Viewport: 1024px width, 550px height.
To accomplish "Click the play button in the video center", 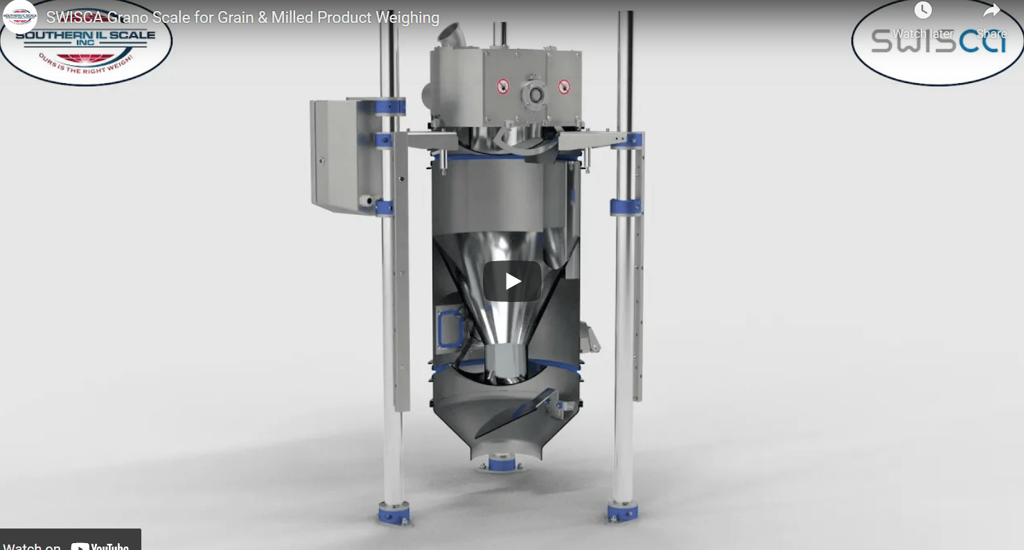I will coord(512,281).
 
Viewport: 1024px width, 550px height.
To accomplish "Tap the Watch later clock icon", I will coord(923,11).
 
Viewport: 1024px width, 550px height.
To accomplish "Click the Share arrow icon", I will coord(991,11).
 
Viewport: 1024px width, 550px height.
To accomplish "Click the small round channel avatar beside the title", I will coord(19,17).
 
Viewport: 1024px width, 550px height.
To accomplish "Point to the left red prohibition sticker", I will coord(503,87).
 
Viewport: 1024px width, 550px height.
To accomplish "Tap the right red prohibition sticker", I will coord(564,87).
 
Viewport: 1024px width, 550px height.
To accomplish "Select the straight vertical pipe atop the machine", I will coord(499,34).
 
